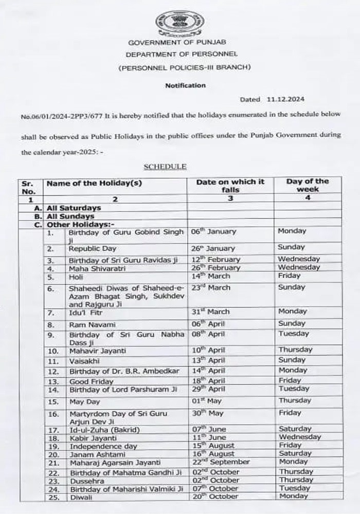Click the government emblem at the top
pos(179,23)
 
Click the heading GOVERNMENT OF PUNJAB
pos(180,43)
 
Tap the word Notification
pos(185,85)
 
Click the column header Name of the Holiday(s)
pos(94,182)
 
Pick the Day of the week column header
pos(308,185)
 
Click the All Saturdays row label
pos(74,208)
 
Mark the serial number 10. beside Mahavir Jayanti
pos(52,351)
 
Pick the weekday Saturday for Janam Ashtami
pos(295,454)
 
